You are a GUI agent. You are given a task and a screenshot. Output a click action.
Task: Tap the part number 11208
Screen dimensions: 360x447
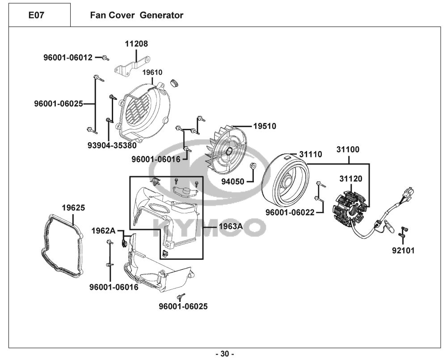pyautogui.click(x=136, y=44)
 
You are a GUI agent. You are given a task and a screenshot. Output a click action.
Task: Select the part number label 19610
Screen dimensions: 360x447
pyautogui.click(x=152, y=72)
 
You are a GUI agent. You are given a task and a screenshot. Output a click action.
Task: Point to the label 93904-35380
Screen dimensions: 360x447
pyautogui.click(x=112, y=145)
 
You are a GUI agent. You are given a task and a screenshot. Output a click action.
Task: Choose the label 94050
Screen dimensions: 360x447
pyautogui.click(x=233, y=182)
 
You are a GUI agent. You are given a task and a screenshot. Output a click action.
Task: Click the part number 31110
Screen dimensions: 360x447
pyautogui.click(x=310, y=154)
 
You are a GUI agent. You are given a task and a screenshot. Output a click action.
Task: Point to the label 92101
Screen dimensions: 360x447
pyautogui.click(x=403, y=250)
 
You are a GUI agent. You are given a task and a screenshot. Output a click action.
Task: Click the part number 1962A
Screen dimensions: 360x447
pyautogui.click(x=103, y=230)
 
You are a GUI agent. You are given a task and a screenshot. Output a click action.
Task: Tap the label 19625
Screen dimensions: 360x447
pyautogui.click(x=73, y=208)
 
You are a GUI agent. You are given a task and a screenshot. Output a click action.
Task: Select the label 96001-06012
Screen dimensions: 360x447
pyautogui.click(x=68, y=57)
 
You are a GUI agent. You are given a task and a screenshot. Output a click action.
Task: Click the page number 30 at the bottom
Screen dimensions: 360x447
pyautogui.click(x=224, y=354)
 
